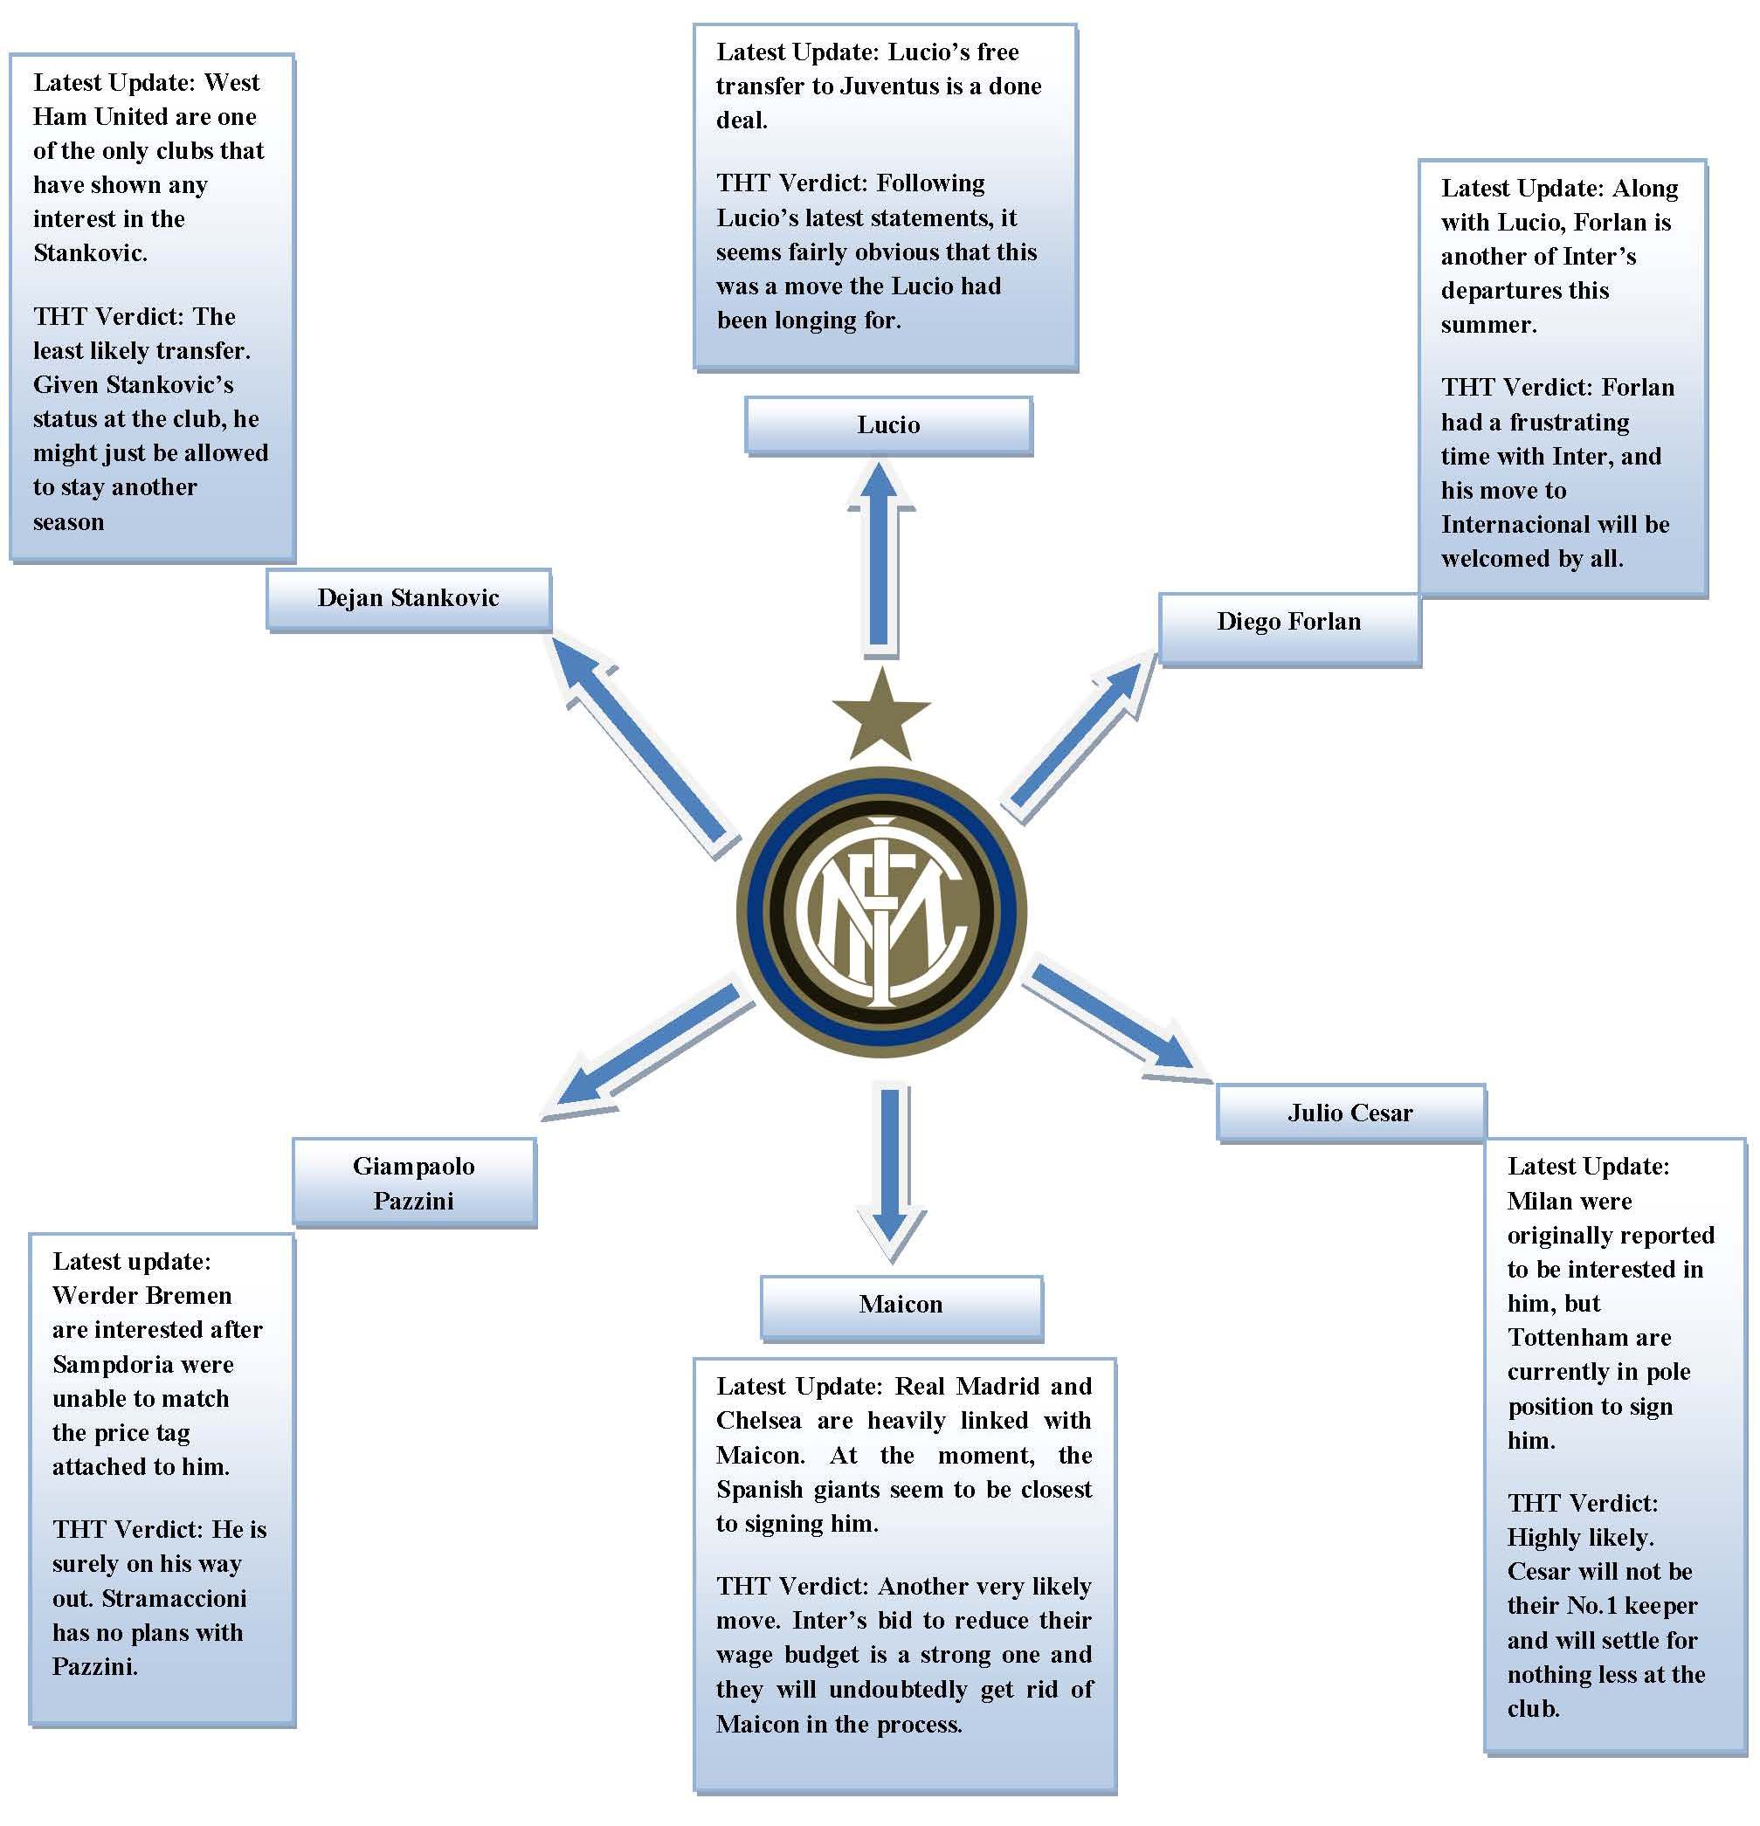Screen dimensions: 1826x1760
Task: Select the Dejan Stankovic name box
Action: click(x=408, y=599)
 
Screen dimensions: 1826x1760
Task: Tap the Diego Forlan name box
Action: click(x=1288, y=623)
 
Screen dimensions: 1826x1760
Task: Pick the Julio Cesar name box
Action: click(x=1350, y=1113)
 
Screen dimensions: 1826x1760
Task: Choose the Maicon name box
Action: click(x=901, y=1305)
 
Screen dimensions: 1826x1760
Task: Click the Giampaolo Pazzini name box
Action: click(x=414, y=1183)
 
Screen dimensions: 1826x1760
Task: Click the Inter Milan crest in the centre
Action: click(x=881, y=912)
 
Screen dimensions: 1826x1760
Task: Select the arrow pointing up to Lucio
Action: click(x=879, y=559)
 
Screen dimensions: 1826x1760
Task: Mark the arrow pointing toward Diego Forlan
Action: click(x=1080, y=736)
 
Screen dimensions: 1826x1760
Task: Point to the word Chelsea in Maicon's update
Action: click(x=758, y=1421)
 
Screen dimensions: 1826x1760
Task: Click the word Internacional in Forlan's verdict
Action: click(x=1514, y=525)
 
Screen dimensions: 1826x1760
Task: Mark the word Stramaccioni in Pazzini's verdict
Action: click(x=174, y=1599)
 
